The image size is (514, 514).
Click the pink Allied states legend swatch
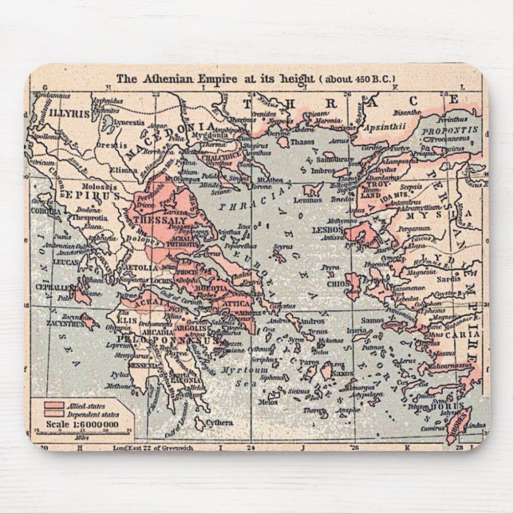[54, 405]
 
